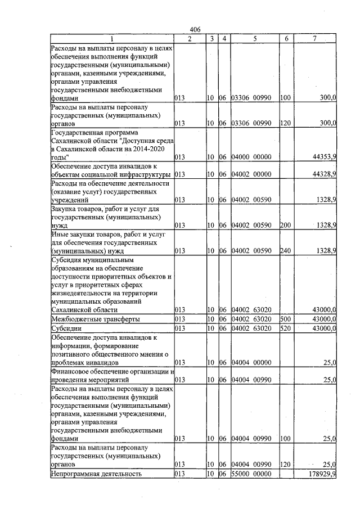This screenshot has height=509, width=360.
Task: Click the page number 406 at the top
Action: pos(195,29)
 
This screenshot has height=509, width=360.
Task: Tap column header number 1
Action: pos(111,38)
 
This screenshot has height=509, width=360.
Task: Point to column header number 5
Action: pos(255,38)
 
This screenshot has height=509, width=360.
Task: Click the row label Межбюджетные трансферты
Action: pos(87,319)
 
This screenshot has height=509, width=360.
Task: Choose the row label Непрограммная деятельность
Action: pos(96,474)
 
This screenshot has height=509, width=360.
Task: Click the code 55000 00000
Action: pos(253,474)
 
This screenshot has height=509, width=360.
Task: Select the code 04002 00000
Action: pos(253,175)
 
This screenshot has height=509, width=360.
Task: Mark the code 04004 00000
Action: pos(253,363)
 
